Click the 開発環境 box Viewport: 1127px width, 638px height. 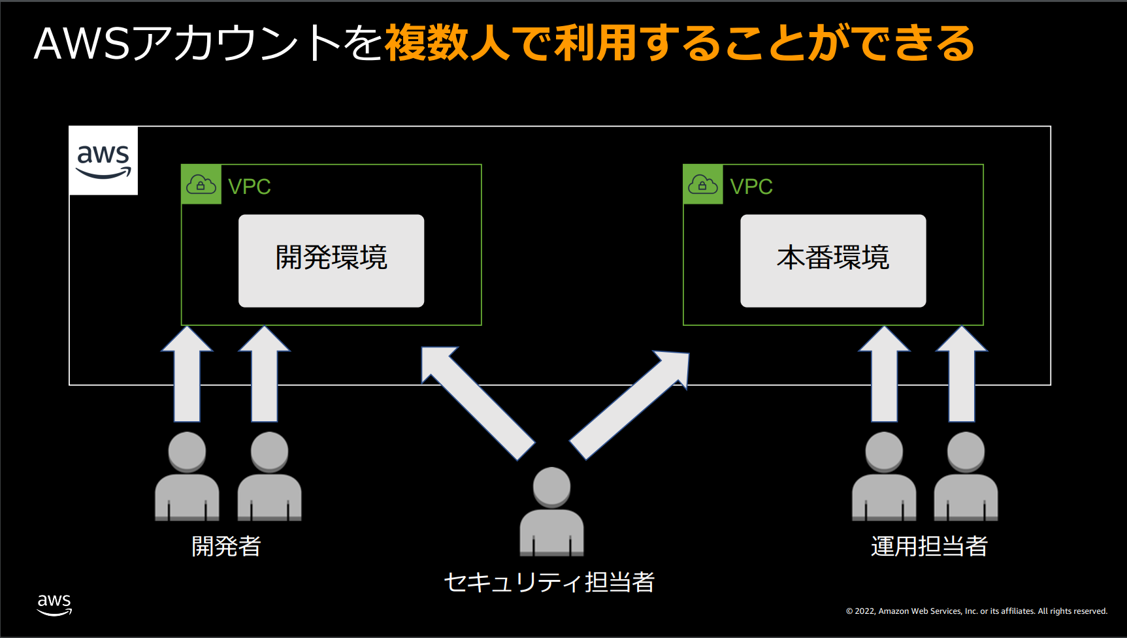331,261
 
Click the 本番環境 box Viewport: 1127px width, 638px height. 833,261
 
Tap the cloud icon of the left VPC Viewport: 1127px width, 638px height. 201,185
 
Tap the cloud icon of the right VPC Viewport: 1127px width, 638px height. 703,185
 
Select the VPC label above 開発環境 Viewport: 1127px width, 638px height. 250,187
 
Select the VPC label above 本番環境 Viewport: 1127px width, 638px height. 751,187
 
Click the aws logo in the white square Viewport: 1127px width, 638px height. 103,161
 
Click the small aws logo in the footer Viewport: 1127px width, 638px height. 54,605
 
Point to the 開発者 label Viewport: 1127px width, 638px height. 226,546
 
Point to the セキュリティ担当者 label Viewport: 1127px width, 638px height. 549,582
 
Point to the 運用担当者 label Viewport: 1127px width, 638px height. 929,546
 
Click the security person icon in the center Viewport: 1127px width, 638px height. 552,511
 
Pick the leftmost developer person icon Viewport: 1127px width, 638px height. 187,476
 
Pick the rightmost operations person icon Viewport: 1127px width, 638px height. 966,476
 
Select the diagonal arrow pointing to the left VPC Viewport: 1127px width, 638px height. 478,402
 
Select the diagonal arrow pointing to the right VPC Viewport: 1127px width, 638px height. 630,404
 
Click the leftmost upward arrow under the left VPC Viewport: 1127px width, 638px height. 188,374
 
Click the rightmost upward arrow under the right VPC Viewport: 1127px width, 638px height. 962,374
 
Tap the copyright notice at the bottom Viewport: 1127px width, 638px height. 977,611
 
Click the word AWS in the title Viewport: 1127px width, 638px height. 82,44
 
